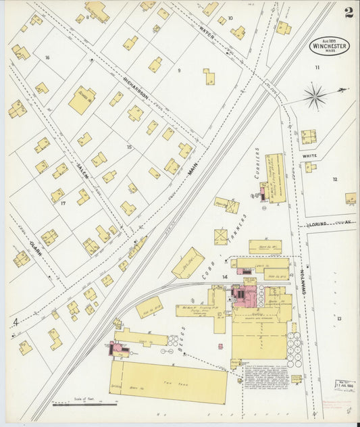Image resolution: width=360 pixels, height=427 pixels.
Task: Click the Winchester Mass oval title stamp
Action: coord(330,46)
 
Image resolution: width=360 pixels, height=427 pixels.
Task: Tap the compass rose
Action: coord(314,95)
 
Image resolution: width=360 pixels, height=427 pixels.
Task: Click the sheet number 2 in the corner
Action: coord(348,12)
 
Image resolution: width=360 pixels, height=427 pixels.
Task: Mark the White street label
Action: coord(310,156)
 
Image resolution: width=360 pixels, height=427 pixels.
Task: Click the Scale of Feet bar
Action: coord(84,405)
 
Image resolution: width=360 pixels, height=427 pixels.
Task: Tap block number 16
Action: coord(47,57)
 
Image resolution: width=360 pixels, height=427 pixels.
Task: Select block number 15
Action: coord(129,147)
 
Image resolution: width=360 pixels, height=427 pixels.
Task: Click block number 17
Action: coord(63,203)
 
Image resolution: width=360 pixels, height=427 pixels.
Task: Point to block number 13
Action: coord(340,318)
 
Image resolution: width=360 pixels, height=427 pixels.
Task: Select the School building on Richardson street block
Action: coord(82,100)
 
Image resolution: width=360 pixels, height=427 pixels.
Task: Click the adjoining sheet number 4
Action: coord(14,323)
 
